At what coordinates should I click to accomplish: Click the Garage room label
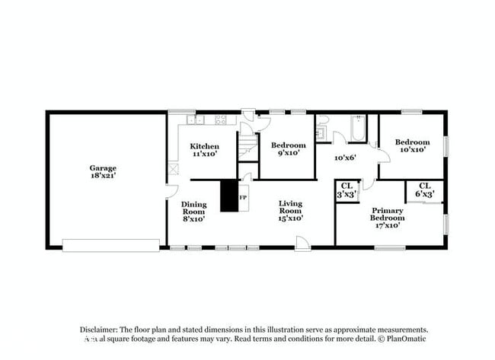pos(103,171)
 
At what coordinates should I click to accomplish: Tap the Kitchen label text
pos(205,149)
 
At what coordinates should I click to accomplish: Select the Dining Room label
pos(193,211)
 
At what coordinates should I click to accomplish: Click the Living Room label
pos(291,210)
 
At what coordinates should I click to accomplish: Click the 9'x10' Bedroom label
pos(288,148)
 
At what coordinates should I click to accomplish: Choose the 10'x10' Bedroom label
pos(412,145)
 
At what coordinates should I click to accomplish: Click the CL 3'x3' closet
pos(346,190)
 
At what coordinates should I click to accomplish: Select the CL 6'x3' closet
pos(424,190)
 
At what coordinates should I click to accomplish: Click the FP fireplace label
pos(243,198)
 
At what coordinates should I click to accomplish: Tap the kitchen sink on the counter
pos(196,119)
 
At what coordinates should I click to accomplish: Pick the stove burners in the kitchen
pos(222,119)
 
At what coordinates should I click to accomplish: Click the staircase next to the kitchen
pos(247,143)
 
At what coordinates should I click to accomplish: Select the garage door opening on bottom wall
pos(111,245)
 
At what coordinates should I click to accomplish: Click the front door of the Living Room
pos(303,244)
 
